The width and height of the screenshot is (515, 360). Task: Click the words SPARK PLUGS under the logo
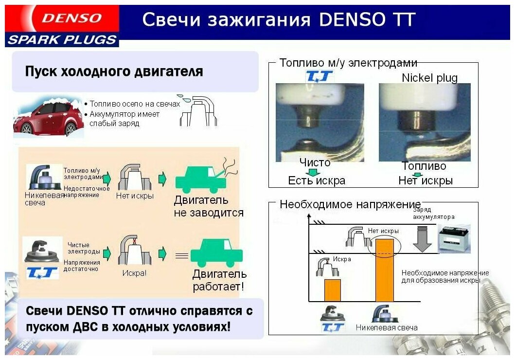coord(62,40)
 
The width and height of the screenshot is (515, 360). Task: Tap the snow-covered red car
coord(46,117)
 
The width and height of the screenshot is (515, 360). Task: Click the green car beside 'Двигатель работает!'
coord(216,253)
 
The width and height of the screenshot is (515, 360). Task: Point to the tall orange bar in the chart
coord(384,270)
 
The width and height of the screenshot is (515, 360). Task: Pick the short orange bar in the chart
coord(333,290)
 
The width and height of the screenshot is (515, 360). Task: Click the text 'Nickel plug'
coord(429,78)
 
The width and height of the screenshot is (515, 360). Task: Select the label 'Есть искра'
coord(317,180)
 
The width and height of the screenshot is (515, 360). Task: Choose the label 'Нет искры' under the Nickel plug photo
coord(426,180)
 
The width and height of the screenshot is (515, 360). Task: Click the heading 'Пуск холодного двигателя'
coord(114,72)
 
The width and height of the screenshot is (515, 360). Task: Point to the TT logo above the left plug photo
coord(319,76)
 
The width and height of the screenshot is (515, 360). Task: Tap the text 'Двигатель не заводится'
coord(208,206)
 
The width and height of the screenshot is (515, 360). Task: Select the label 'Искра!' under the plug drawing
coord(134,273)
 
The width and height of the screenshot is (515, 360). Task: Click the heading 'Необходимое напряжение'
coord(350,204)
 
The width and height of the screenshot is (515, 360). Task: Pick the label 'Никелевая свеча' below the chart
coord(387,327)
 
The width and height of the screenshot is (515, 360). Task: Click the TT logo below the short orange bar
coord(333,327)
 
